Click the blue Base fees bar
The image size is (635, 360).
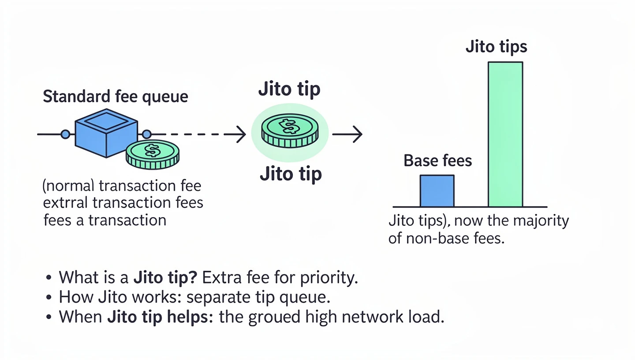pos(437,191)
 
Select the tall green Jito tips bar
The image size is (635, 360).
pos(505,135)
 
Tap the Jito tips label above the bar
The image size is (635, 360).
pos(496,47)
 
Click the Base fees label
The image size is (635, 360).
pos(437,161)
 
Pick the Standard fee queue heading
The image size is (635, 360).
pos(115,97)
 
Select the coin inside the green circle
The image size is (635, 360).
pos(290,130)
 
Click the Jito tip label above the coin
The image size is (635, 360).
pos(289,89)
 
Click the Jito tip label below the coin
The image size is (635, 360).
pos(291,174)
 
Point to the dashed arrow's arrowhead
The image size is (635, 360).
pos(241,134)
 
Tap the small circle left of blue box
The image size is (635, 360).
pos(65,134)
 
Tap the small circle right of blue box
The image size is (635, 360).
pos(147,134)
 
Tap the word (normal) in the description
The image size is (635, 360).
pos(68,186)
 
